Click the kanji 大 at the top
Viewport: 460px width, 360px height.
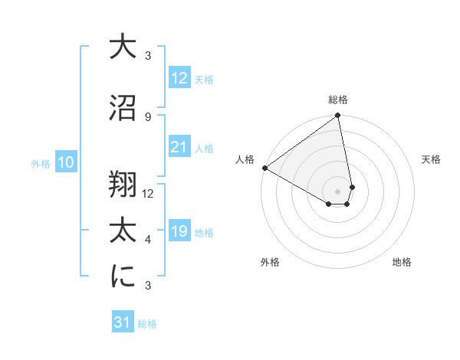tap(123, 47)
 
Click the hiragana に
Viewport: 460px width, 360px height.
tap(123, 277)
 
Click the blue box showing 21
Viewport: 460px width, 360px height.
tap(179, 147)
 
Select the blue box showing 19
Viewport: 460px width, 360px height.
tap(179, 231)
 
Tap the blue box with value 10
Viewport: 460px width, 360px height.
tap(65, 162)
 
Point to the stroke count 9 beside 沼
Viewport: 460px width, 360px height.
tap(147, 116)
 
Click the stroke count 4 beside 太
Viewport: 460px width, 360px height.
tap(147, 240)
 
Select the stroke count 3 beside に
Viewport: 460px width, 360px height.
tap(147, 286)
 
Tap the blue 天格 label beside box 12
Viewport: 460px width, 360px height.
tap(204, 80)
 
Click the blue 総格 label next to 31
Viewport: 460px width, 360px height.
tap(147, 324)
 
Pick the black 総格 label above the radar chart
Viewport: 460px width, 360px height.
tap(338, 100)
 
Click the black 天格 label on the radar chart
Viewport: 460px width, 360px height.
tap(432, 159)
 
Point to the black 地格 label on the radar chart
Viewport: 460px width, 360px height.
tap(402, 263)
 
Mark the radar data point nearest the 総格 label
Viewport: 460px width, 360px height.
tap(337, 116)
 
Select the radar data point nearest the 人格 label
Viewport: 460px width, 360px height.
tap(264, 168)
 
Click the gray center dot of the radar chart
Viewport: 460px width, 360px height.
tap(337, 191)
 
